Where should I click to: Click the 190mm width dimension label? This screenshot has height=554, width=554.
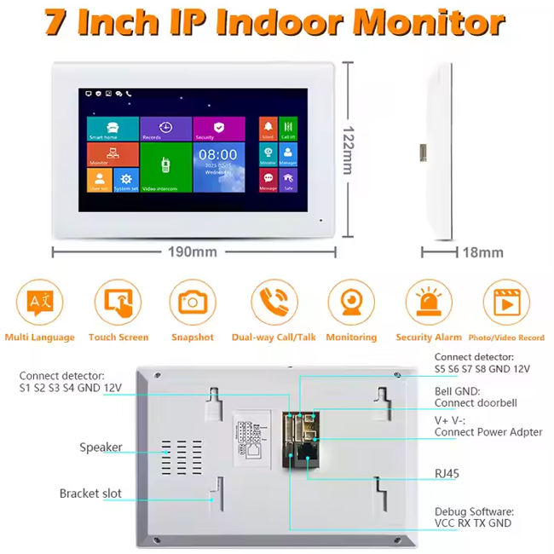click(193, 251)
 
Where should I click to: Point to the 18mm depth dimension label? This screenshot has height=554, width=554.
click(483, 252)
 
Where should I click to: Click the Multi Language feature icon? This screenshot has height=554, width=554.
click(39, 303)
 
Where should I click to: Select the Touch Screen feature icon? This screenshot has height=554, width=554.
click(118, 303)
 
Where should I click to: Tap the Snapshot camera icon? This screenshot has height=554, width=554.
click(193, 303)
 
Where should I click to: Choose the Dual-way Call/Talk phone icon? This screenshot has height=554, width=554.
click(274, 303)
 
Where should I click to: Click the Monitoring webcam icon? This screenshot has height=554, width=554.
click(351, 303)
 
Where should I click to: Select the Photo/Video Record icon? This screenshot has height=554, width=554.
click(506, 303)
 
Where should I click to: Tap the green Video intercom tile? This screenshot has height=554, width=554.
click(164, 167)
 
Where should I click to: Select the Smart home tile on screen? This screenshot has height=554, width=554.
click(113, 128)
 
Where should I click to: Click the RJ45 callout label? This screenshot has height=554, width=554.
click(449, 471)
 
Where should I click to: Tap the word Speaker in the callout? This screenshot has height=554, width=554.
click(101, 447)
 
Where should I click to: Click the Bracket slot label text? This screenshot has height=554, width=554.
click(90, 493)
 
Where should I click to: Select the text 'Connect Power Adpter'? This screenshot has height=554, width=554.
click(488, 432)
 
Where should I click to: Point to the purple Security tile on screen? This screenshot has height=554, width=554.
click(218, 128)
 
